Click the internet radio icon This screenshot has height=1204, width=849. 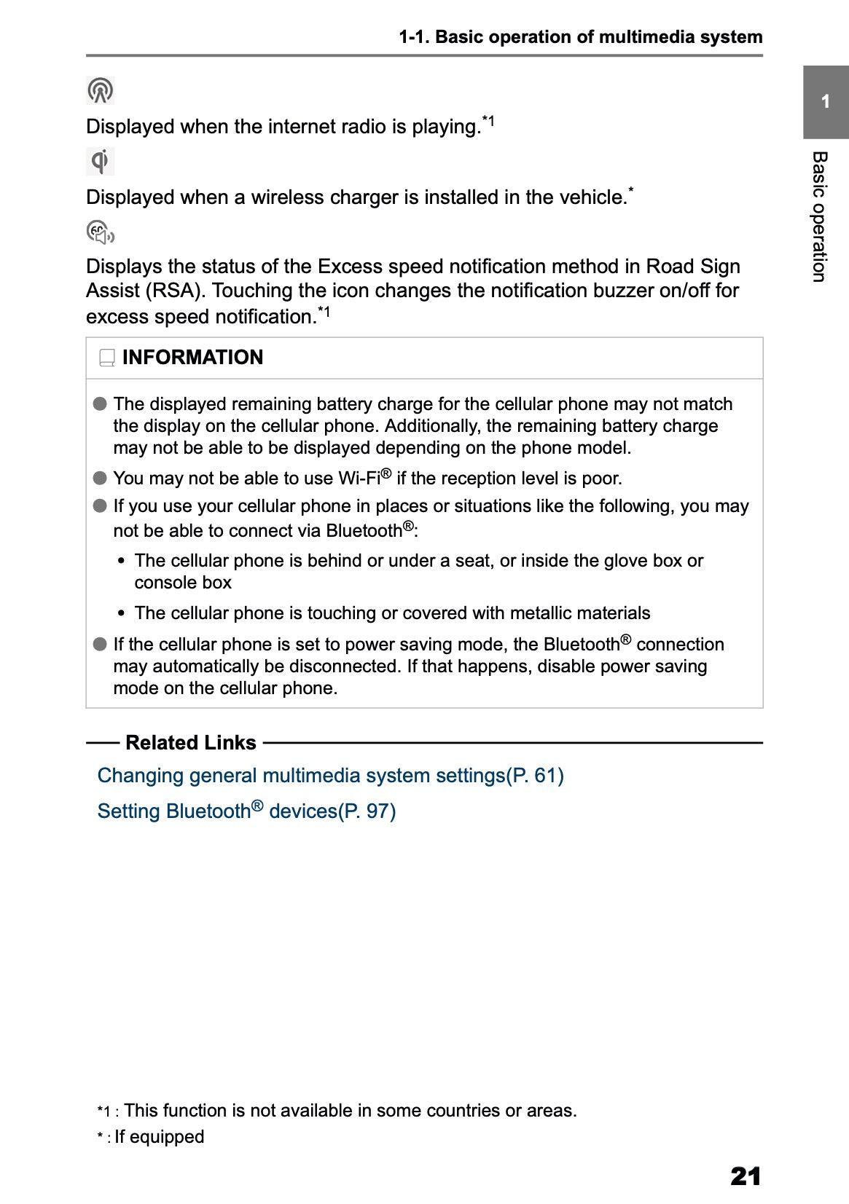point(100,90)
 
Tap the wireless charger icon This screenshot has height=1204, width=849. point(100,161)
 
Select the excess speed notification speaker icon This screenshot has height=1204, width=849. point(101,232)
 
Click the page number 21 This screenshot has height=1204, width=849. point(745,1176)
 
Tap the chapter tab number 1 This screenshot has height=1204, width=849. point(825,101)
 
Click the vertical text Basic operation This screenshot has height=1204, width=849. point(819,216)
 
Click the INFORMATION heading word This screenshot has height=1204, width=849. point(192,358)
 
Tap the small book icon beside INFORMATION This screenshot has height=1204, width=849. point(107,358)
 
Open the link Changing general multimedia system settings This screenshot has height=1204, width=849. point(330,776)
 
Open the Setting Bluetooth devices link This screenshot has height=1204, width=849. point(246,811)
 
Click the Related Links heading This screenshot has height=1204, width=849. point(191,743)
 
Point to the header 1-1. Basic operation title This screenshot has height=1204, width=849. point(580,37)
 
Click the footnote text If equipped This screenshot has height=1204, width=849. point(159,1137)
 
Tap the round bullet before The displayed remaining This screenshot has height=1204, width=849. point(100,404)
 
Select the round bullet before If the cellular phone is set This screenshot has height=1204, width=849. point(100,645)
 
